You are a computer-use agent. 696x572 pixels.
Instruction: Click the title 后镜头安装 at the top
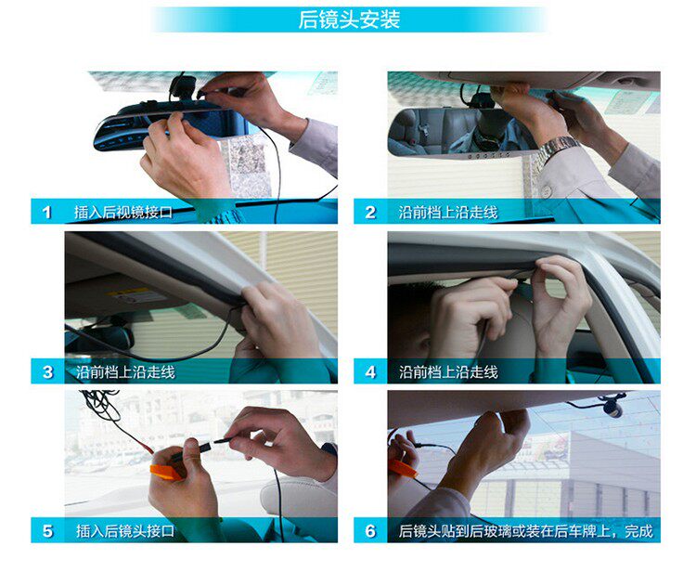pos(349,20)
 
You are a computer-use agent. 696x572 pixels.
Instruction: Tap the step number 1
pos(47,213)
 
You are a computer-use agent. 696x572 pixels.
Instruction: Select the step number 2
pos(370,213)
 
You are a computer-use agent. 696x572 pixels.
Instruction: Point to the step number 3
pos(48,372)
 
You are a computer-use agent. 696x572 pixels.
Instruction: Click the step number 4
pos(370,372)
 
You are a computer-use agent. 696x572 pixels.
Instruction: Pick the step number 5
pos(48,531)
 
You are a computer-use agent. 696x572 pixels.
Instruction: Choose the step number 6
pos(370,531)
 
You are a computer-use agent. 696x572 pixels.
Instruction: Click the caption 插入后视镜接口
pos(123,213)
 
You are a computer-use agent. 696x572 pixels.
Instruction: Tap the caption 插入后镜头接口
pos(125,531)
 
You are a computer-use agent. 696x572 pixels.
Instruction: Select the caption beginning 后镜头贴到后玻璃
pos(526,531)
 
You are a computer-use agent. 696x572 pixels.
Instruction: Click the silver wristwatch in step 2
pos(557,149)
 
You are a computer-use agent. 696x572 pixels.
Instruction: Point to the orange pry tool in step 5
pos(165,473)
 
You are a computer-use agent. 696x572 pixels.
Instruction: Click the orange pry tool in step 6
pos(402,469)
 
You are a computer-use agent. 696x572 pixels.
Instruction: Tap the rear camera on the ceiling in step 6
pos(613,407)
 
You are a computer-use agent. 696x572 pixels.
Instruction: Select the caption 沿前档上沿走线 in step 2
pos(448,213)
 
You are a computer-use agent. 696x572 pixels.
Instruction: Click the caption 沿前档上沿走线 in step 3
pos(125,372)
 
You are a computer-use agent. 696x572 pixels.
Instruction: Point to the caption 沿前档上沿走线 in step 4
pos(448,372)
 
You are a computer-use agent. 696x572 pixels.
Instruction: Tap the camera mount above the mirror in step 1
pos(183,87)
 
